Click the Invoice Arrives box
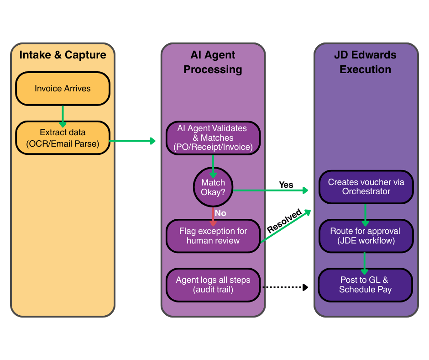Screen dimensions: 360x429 pos(63,89)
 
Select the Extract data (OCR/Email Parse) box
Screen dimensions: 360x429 pos(63,138)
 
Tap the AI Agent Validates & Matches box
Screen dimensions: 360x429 pos(213,138)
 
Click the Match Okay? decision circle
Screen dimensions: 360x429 pos(213,187)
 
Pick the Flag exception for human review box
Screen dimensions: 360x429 pos(213,236)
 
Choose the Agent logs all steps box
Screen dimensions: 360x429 pos(213,285)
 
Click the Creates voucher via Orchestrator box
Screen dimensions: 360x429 pos(366,187)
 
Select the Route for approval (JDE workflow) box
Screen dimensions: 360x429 pos(366,236)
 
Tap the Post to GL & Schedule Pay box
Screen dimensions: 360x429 pos(366,285)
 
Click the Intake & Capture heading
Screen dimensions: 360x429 pos(63,55)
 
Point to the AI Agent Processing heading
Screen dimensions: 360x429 pos(213,62)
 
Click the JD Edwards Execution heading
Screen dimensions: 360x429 pos(366,62)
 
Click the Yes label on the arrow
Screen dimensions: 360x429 pos(286,185)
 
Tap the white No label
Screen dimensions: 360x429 pos(220,213)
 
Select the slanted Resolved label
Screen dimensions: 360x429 pos(284,221)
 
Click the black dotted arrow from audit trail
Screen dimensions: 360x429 pos(284,287)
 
